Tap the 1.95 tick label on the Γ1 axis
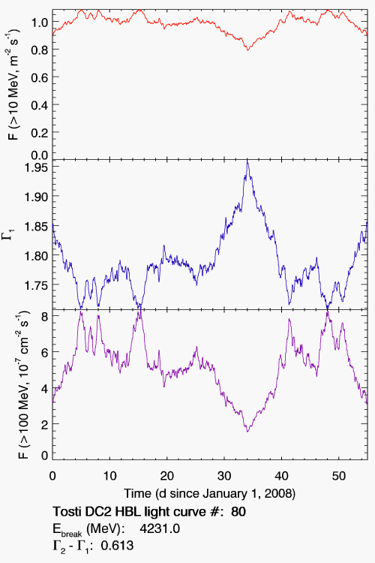pos(35,167)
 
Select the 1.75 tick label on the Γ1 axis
pos(35,285)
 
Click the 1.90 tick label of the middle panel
pos(35,197)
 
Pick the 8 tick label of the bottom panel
pos(45,316)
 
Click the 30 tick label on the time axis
pos(224,476)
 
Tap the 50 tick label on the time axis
pos(339,476)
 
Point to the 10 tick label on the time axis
pos(109,476)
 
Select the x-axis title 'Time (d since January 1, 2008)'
pos(209,494)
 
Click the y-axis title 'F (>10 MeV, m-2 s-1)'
pos(13,86)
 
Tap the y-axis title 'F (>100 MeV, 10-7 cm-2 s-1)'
pos(22,384)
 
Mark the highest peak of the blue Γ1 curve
pos(247,161)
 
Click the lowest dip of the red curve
pos(247,50)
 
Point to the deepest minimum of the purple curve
pos(247,431)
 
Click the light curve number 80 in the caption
pos(238,511)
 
